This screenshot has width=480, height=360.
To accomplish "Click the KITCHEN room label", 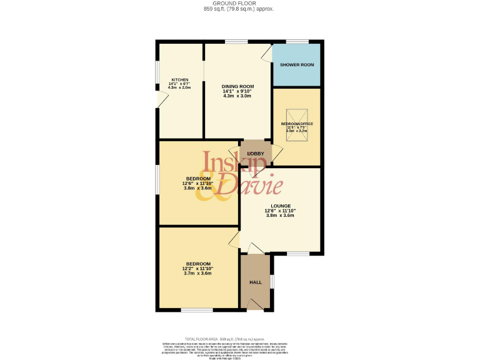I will pyautogui.click(x=180, y=80).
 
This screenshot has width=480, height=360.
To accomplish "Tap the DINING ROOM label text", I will pyautogui.click(x=237, y=86).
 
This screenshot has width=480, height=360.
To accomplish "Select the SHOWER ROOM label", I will pyautogui.click(x=296, y=65).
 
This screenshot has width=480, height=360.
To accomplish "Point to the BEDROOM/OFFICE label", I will pyautogui.click(x=297, y=124).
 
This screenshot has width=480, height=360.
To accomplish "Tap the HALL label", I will pyautogui.click(x=256, y=282).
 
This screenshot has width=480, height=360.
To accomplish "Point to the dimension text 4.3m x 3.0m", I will pyautogui.click(x=237, y=96).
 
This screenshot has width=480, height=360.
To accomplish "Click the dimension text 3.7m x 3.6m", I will pyautogui.click(x=197, y=273).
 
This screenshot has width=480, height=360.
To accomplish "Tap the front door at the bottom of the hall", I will pyautogui.click(x=256, y=304).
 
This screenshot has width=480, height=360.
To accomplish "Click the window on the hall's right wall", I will pyautogui.click(x=272, y=282).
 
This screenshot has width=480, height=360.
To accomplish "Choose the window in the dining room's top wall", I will pyautogui.click(x=236, y=42).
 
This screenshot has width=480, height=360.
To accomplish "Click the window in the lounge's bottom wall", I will pyautogui.click(x=298, y=253).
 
